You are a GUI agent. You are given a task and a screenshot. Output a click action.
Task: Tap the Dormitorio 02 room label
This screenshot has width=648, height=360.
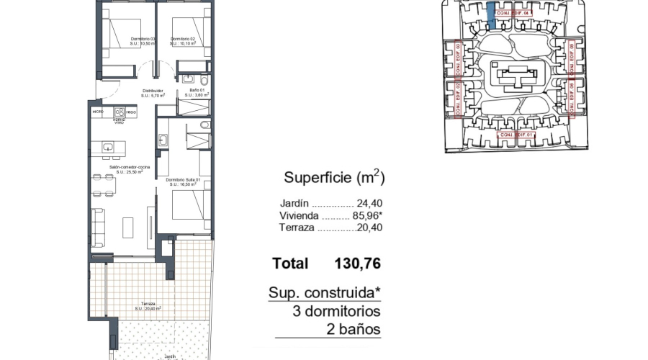[x=183, y=41]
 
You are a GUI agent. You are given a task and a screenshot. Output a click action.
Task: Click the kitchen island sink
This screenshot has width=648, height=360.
[x=108, y=148]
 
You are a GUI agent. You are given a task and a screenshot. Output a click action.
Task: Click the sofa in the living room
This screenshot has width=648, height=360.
[x=97, y=225]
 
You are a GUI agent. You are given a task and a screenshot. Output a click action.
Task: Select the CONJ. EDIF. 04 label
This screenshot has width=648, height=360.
[x=514, y=13]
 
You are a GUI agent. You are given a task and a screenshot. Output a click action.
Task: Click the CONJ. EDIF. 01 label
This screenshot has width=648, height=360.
[x=516, y=135]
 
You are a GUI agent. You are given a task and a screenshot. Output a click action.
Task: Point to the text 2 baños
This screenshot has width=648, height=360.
[x=353, y=330]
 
